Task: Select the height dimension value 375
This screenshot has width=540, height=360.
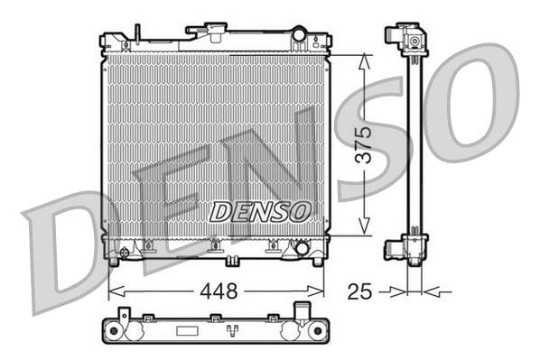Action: click(363, 143)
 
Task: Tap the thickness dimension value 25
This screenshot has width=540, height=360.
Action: click(359, 291)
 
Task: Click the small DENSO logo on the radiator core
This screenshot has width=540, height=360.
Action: click(260, 211)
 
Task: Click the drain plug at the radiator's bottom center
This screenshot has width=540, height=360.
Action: click(232, 262)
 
